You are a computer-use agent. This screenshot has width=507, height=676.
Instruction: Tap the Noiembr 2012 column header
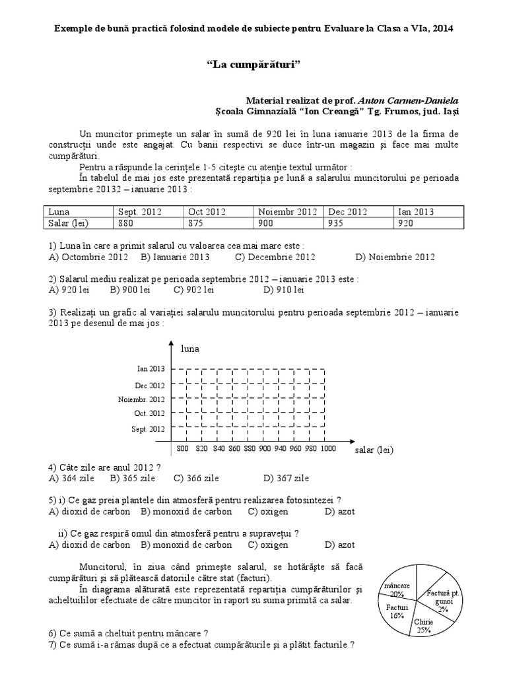(288, 212)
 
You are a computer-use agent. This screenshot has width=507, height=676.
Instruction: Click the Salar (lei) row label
(67, 223)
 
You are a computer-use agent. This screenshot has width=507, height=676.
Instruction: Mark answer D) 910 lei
(283, 289)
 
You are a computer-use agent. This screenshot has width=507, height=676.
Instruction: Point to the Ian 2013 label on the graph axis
(151, 369)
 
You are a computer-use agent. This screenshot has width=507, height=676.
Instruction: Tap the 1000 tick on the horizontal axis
(328, 449)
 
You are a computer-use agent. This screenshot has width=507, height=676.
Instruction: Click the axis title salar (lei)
(374, 450)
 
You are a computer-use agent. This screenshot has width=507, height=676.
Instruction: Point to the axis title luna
(189, 347)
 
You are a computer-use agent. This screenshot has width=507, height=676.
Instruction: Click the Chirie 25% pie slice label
(423, 626)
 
